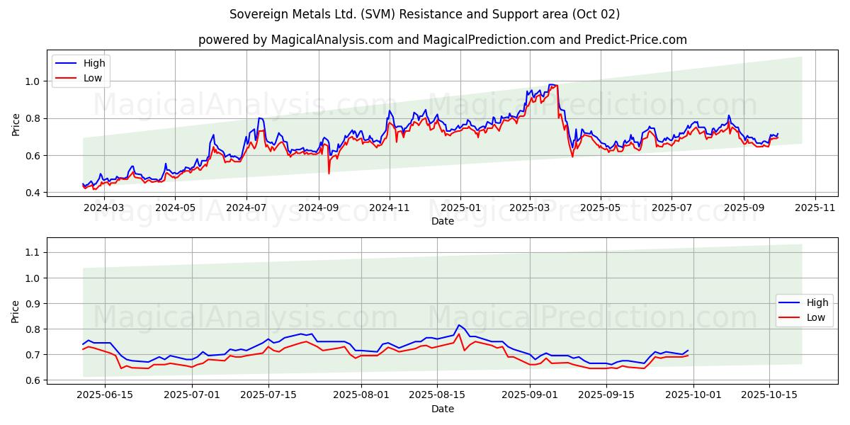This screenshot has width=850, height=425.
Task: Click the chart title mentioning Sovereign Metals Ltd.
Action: click(425, 14)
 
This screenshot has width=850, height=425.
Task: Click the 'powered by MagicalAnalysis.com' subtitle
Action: click(443, 40)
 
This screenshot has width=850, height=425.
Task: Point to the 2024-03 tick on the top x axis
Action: click(104, 208)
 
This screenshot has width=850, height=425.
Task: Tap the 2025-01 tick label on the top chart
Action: click(460, 208)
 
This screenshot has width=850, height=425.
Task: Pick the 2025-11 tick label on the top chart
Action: click(815, 208)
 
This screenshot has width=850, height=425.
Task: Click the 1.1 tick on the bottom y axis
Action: click(31, 252)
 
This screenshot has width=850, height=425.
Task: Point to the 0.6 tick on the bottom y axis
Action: click(31, 380)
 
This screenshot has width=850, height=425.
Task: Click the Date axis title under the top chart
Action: click(443, 221)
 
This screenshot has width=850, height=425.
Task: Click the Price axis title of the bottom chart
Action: click(16, 311)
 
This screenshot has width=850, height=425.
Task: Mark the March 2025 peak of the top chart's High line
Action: click(551, 85)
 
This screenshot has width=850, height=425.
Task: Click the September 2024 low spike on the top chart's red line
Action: click(329, 173)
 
